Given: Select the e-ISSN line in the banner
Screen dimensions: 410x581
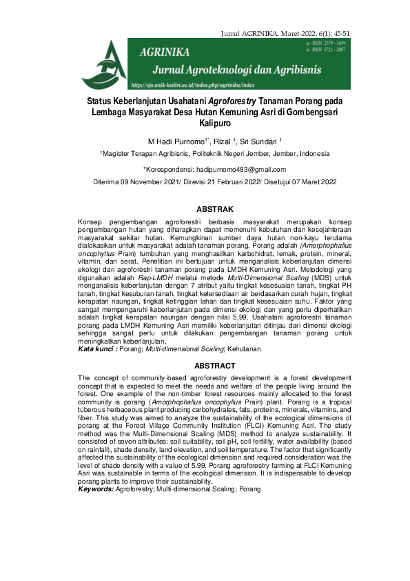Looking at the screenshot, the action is coord(331,50).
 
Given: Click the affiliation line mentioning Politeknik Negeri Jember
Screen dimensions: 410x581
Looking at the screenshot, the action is coord(215,154).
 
